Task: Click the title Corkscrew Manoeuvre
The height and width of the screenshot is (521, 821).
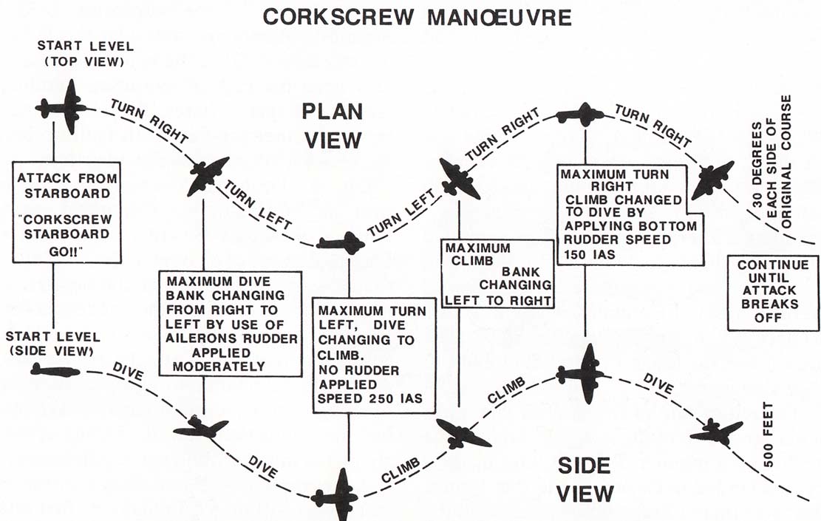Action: point(417,17)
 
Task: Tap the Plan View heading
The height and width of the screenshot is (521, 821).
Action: point(331,126)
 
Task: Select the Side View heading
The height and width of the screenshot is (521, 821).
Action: point(583,479)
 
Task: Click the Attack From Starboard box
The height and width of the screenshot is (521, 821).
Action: point(66,211)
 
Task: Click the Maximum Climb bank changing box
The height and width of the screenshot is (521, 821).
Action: point(497,273)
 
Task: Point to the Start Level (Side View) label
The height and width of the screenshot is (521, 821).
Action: point(52,344)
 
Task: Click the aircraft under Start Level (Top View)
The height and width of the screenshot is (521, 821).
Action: point(67,107)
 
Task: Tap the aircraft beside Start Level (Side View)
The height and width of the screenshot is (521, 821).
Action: point(55,370)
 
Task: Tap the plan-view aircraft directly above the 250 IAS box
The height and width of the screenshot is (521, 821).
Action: point(341,242)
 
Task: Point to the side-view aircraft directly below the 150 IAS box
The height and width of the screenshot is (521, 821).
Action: point(584,373)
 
